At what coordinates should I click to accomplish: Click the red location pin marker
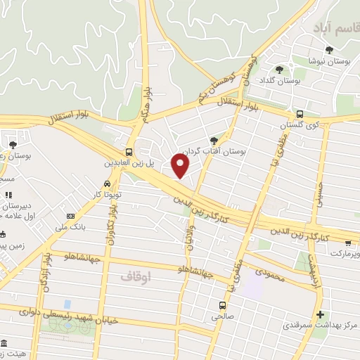coord(181,166)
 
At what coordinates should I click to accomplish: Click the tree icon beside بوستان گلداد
coord(280,69)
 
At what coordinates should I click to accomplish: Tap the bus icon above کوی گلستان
coord(300,113)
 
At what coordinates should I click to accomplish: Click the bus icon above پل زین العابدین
coord(129,152)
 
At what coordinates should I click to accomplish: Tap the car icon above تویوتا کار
coord(107,184)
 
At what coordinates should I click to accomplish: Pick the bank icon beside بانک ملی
coord(70,216)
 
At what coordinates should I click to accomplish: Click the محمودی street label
coord(267,271)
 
